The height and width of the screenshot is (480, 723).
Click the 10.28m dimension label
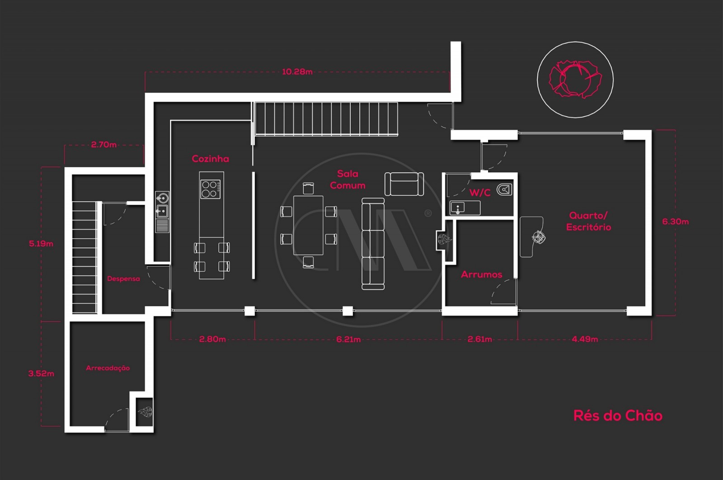pyautogui.click(x=297, y=71)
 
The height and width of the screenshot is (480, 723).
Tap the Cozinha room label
pyautogui.click(x=210, y=159)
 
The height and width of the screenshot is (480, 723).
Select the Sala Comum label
pyautogui.click(x=347, y=179)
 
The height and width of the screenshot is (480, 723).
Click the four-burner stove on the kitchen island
pyautogui.click(x=210, y=189)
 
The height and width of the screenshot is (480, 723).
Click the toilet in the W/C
pyautogui.click(x=504, y=189)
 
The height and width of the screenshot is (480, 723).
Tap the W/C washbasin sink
pyautogui.click(x=458, y=208)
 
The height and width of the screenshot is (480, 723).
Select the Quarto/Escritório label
pyautogui.click(x=588, y=221)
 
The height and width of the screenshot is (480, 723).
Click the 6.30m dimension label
pyautogui.click(x=675, y=221)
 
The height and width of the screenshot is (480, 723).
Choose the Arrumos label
pyautogui.click(x=481, y=274)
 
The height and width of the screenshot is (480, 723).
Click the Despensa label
pyautogui.click(x=123, y=278)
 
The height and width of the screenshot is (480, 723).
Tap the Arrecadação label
pyautogui.click(x=108, y=368)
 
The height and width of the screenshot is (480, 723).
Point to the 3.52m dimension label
pyautogui.click(x=41, y=373)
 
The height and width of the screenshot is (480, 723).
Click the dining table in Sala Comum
pyautogui.click(x=308, y=225)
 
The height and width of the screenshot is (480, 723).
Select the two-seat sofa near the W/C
pyautogui.click(x=404, y=184)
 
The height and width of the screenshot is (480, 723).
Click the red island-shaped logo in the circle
pyautogui.click(x=574, y=80)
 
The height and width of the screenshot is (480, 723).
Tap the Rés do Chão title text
pyautogui.click(x=617, y=415)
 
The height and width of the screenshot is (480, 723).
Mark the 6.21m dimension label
pyautogui.click(x=348, y=339)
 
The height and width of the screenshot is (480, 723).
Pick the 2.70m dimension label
pyautogui.click(x=103, y=145)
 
